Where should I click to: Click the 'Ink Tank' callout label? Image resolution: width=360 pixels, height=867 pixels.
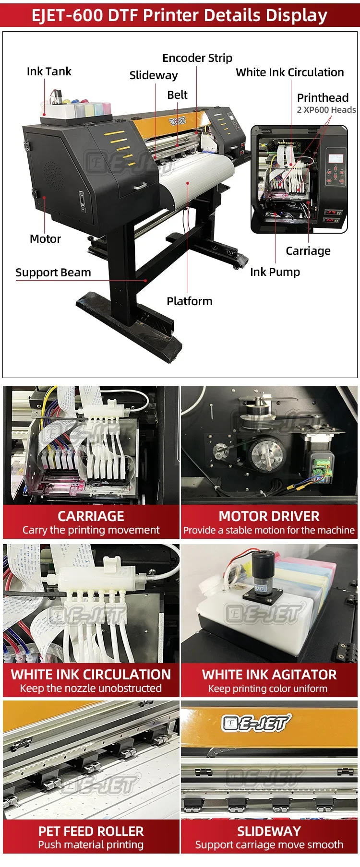48,71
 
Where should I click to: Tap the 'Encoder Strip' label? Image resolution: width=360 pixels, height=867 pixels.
197,58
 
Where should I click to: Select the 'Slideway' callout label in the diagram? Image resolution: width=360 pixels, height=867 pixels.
153,75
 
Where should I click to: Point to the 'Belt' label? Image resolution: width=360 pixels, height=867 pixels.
177,95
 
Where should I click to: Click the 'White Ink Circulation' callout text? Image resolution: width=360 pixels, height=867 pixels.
289,72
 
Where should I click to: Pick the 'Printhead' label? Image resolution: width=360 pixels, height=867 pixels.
323,98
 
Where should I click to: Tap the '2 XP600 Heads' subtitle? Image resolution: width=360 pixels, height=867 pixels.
326,110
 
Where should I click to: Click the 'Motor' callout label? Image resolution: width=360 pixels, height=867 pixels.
45,239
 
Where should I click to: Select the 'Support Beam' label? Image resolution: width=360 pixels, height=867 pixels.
53,273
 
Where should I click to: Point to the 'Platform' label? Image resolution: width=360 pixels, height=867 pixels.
189,301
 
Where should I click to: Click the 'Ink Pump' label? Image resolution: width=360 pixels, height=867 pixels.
275,272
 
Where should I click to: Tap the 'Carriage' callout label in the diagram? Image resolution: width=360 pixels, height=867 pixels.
308,251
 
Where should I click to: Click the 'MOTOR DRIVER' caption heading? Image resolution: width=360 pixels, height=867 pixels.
269,516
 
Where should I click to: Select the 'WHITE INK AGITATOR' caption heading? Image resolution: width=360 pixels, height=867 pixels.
269,675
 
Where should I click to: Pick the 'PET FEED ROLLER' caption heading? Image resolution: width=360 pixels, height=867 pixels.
91,831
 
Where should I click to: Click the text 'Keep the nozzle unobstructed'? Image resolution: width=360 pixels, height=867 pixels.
91,688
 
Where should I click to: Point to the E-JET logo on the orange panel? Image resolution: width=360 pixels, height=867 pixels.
256,723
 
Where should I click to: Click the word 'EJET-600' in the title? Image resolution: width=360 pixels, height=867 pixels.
67,16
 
